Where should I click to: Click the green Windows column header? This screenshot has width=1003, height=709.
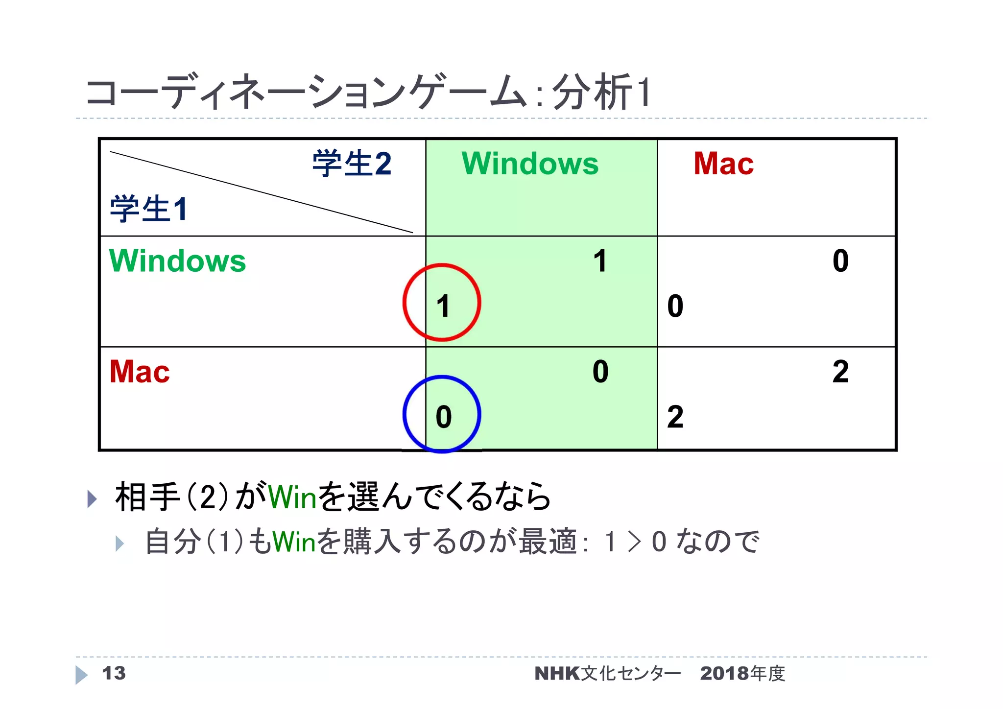[530, 164]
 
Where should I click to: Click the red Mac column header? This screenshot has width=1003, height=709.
[723, 164]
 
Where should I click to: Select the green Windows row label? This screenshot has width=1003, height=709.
[177, 261]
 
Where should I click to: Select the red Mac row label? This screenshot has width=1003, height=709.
[140, 372]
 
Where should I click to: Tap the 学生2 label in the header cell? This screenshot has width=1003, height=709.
[352, 164]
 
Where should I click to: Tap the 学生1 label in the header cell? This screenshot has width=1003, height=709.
[149, 209]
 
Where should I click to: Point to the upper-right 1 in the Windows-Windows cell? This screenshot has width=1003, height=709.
[600, 261]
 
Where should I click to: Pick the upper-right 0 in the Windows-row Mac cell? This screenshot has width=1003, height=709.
[840, 261]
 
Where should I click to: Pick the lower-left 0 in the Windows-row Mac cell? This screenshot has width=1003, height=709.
[675, 307]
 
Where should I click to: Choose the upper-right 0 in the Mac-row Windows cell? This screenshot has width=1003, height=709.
[600, 372]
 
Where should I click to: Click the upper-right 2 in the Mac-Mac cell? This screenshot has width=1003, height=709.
[840, 372]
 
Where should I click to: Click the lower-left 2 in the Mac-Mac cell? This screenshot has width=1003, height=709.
[675, 417]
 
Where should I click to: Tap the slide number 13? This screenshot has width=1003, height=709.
[114, 673]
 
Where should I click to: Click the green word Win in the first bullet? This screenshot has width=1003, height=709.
[293, 497]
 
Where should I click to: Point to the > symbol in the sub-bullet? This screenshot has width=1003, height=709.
[634, 543]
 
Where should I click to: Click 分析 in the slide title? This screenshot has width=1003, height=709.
[592, 93]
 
